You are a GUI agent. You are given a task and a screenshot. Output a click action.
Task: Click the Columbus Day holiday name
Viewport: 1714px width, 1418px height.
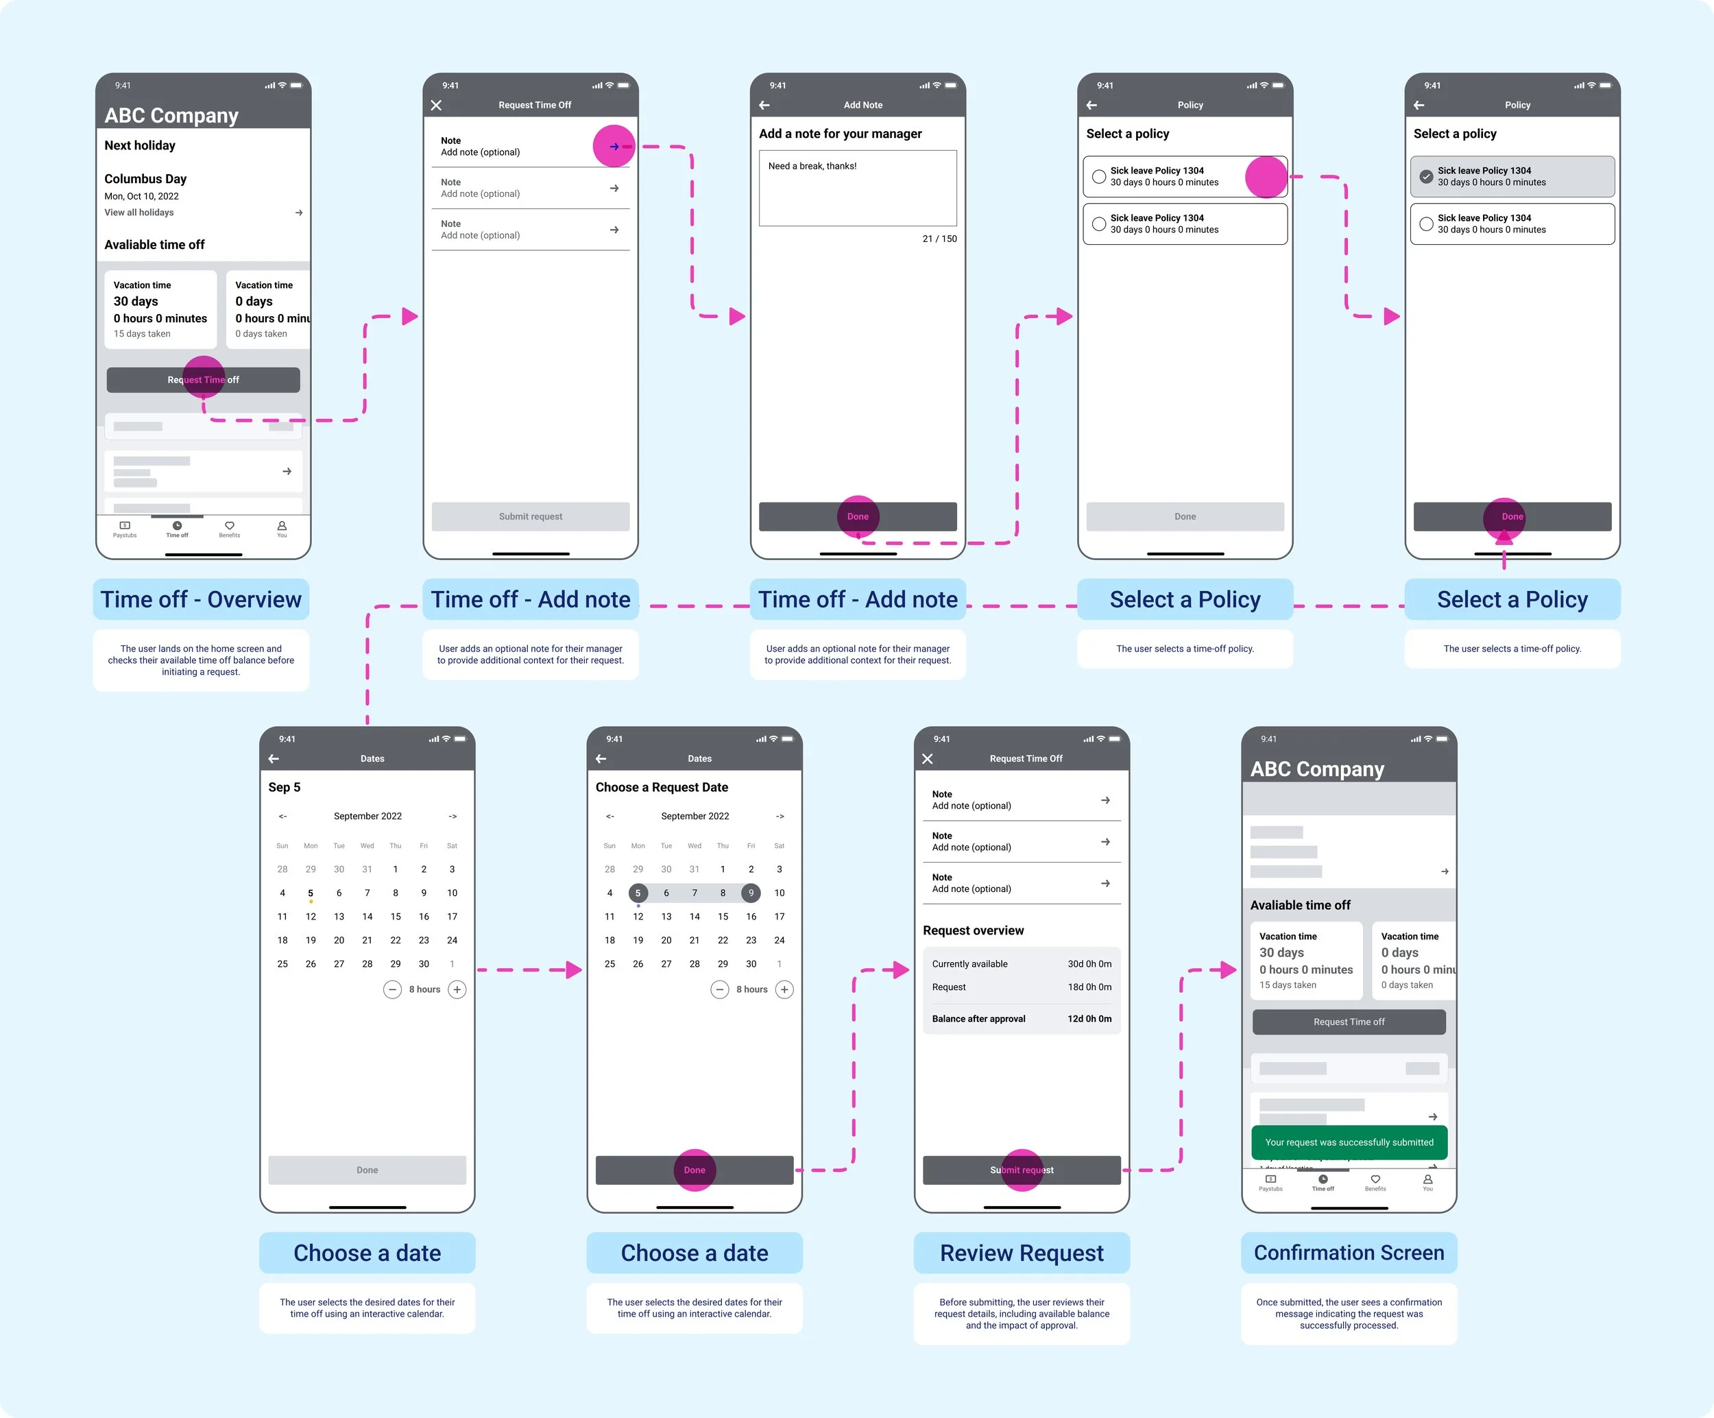point(145,179)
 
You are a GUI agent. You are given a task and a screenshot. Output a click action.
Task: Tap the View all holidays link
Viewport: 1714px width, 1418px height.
point(138,213)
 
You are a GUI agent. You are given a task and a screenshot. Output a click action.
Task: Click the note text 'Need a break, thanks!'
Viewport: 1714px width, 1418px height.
point(812,166)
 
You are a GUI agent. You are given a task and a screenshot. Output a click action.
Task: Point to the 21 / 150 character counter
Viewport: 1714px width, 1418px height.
point(939,239)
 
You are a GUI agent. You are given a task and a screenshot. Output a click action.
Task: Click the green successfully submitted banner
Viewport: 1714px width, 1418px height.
point(1349,1142)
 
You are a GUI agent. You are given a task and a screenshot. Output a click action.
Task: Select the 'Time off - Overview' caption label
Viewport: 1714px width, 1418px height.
point(201,599)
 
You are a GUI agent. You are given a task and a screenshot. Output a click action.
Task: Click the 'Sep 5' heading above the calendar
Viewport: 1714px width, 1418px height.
point(284,787)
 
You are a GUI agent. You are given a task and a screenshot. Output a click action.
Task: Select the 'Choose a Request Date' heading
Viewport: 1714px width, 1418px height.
point(661,787)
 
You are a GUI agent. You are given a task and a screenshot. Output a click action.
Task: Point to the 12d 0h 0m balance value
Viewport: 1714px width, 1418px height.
point(1089,1019)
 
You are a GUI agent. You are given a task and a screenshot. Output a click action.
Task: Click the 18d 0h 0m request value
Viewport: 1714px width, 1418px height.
point(1089,987)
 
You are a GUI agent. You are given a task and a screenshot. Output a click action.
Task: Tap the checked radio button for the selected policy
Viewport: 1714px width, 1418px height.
point(1426,176)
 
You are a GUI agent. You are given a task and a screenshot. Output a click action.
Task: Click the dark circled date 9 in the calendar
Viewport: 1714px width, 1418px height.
point(751,893)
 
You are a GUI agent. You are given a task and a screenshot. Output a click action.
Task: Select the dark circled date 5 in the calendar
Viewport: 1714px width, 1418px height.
point(638,893)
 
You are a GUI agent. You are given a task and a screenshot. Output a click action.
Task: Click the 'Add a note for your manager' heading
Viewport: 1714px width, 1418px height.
point(840,134)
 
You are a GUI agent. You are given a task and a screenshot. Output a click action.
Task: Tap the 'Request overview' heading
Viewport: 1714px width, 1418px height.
point(973,930)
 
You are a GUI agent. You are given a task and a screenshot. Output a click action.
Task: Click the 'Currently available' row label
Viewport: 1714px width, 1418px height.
point(969,964)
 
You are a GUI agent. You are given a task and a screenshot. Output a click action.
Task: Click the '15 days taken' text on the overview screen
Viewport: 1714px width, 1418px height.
point(142,334)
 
